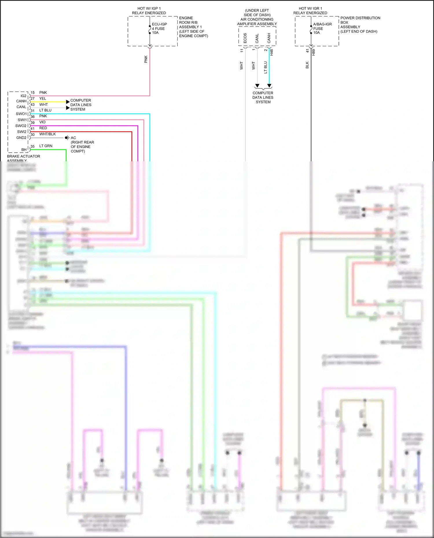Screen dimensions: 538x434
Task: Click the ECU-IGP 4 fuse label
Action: (x=159, y=28)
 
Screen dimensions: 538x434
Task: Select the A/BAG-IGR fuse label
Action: (x=322, y=28)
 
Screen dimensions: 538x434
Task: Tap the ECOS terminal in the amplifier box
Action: (x=245, y=38)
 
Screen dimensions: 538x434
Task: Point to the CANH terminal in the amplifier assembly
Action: (x=269, y=38)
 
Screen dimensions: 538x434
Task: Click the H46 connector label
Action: (x=272, y=52)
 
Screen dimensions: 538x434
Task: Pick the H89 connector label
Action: (x=314, y=52)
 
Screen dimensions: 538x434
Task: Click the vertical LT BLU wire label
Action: (x=266, y=67)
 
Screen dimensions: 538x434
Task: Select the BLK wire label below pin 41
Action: (x=307, y=65)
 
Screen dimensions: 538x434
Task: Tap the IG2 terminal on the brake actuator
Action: (x=23, y=96)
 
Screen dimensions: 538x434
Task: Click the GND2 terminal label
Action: (x=21, y=138)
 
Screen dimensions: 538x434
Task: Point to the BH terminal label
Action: (x=24, y=149)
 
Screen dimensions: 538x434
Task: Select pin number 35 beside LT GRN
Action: (x=33, y=146)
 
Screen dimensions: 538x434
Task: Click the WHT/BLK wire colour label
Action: (x=47, y=134)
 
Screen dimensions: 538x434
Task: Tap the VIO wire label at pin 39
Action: (x=43, y=122)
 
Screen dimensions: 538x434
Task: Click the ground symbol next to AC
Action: (x=67, y=138)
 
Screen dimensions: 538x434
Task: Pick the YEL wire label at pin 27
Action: (x=43, y=99)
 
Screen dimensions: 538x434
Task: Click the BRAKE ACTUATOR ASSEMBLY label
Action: (x=23, y=158)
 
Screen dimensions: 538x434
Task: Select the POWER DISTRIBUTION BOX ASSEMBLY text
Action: (x=360, y=25)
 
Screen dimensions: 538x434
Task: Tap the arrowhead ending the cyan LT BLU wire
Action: (x=269, y=86)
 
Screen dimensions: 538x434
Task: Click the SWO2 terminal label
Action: (x=21, y=126)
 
